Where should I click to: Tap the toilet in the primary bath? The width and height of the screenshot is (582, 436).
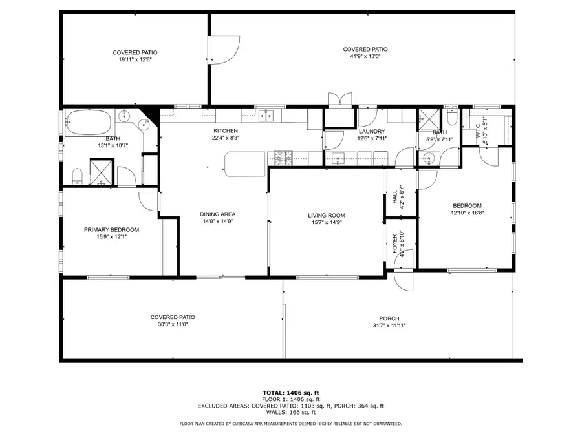coord(77,176)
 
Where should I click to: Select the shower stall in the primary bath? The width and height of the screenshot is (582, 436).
coord(101,172)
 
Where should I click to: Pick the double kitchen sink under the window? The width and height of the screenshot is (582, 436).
coord(271,116)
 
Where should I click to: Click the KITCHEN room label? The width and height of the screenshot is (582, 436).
coord(226,130)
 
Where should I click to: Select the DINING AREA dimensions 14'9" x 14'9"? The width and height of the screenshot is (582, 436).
coord(217,222)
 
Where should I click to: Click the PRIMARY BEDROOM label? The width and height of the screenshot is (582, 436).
coord(111,229)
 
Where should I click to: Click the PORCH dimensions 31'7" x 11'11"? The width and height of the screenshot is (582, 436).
coord(389,326)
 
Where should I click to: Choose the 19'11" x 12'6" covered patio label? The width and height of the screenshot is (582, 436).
coord(135,59)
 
